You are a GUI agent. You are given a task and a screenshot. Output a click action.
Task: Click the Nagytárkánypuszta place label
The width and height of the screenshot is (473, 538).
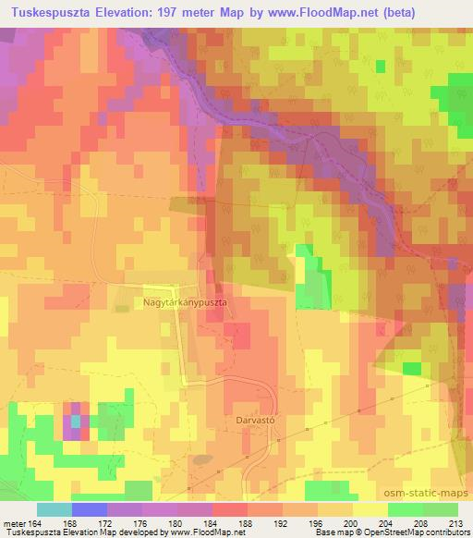point(185,300)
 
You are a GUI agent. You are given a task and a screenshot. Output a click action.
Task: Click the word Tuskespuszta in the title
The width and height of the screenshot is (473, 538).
point(48,13)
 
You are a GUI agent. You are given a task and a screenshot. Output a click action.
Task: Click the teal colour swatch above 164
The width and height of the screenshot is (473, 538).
point(55,508)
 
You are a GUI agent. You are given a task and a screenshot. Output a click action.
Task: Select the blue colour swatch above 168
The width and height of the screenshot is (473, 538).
point(90,508)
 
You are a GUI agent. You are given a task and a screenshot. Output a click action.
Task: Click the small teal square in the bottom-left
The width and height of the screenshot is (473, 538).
point(75,424)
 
